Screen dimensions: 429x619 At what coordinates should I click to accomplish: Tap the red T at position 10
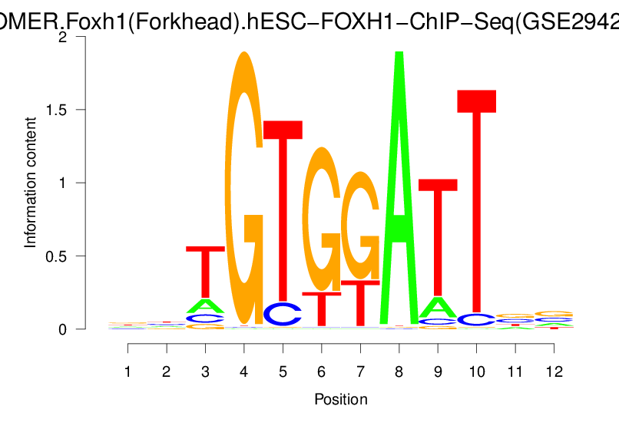click(x=476, y=200)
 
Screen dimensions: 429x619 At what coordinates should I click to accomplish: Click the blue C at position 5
click(x=283, y=314)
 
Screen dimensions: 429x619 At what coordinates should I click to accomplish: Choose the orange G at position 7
click(x=360, y=226)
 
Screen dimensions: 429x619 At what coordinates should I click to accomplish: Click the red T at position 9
click(x=438, y=230)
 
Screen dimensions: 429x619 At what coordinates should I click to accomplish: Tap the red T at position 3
click(x=206, y=269)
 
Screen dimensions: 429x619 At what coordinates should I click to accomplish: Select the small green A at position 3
click(x=206, y=306)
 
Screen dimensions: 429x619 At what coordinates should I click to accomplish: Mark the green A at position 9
click(x=438, y=307)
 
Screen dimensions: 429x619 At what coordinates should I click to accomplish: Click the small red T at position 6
click(x=322, y=309)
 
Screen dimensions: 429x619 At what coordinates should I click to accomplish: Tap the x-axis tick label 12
click(x=554, y=371)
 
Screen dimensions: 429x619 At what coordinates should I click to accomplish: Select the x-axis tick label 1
click(x=128, y=371)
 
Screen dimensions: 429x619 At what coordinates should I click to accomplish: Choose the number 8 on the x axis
click(x=399, y=371)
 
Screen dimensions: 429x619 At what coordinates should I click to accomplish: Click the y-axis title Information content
click(x=31, y=183)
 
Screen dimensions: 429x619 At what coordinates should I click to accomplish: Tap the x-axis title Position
click(x=341, y=400)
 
